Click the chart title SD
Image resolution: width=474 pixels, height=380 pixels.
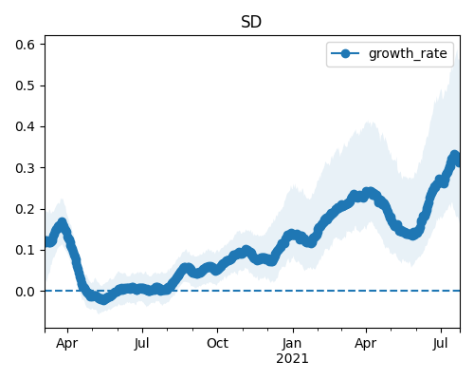(x=251, y=22)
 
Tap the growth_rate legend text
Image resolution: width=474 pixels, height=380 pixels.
(x=408, y=53)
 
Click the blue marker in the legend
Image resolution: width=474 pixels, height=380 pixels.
(x=345, y=53)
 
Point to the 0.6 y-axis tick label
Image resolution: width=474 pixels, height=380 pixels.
(x=25, y=45)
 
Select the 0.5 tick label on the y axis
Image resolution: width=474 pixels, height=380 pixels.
(x=25, y=85)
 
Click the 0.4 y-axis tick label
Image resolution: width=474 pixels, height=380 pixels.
(x=25, y=126)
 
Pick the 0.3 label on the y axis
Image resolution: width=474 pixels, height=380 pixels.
(x=25, y=168)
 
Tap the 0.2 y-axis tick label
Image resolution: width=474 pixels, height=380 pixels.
(x=25, y=209)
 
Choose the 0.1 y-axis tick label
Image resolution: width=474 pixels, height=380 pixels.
(x=25, y=250)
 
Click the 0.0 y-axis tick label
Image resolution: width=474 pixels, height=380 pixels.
(x=25, y=292)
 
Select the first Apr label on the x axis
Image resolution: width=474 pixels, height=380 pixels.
(x=66, y=344)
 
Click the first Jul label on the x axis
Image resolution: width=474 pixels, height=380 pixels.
(x=141, y=344)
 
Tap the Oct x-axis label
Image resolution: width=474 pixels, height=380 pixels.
(x=217, y=343)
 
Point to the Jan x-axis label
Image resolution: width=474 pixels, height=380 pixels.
(x=292, y=344)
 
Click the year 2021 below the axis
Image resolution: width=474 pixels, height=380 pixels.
(x=292, y=359)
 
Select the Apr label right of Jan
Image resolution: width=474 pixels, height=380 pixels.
(x=366, y=344)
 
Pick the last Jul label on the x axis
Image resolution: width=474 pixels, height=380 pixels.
(x=441, y=344)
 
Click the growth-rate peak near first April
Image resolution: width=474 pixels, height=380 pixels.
(x=62, y=222)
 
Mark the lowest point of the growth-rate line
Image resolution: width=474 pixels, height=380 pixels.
(x=103, y=300)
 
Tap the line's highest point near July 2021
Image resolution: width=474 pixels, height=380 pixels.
(x=454, y=156)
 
